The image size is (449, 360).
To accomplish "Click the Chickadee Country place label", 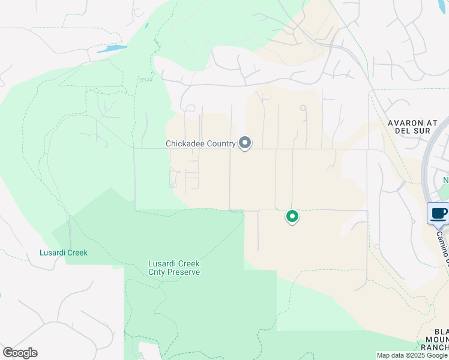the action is [200, 144].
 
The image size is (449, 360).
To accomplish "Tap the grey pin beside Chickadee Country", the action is [245, 143].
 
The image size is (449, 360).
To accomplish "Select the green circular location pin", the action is [292, 216].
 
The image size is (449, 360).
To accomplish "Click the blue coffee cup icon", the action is [439, 213].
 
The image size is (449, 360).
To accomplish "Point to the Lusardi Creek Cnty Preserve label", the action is [174, 268].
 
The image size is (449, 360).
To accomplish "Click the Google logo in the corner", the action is [20, 353].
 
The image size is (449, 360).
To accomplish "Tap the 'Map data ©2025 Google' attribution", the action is [412, 355].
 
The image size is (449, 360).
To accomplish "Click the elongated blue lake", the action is [112, 49].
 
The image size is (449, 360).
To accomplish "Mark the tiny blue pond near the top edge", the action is [146, 26].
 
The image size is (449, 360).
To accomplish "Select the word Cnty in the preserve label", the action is [158, 272].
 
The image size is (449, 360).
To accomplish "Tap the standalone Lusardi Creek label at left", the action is [64, 253].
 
